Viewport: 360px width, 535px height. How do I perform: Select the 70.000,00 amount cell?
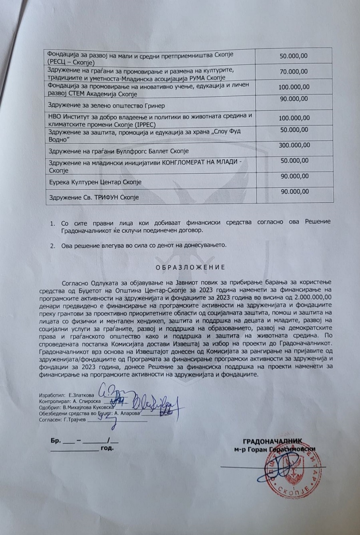294,72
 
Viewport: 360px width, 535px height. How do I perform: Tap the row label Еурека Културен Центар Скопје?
95,182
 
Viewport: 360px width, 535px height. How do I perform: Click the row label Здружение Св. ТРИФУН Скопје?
94,198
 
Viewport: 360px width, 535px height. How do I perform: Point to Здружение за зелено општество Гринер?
106,106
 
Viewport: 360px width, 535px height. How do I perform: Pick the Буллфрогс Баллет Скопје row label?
118,151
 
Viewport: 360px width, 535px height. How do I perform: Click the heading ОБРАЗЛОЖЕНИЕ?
190,267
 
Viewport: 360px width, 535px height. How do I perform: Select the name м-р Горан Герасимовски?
275,449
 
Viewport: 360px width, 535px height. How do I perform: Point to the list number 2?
52,245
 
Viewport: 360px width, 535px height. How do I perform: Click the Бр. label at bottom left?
56,441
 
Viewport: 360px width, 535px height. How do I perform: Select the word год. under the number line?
107,449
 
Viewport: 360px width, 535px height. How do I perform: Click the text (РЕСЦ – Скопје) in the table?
71,63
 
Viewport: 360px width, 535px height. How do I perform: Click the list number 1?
52,222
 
